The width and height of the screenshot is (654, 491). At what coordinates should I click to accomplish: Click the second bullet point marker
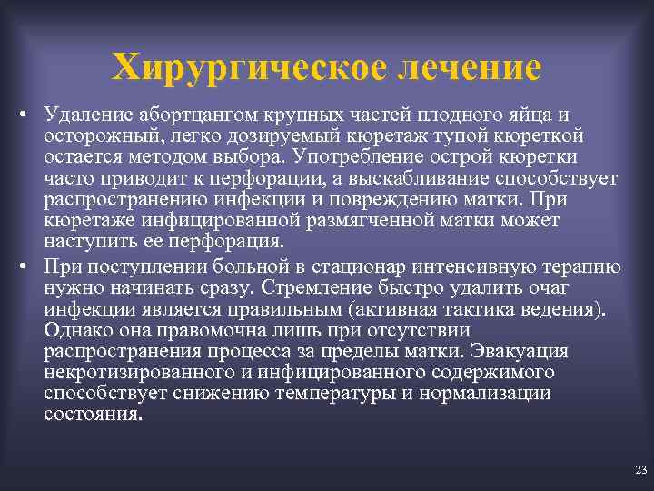click(29, 267)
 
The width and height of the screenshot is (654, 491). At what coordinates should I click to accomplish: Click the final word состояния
click(93, 414)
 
